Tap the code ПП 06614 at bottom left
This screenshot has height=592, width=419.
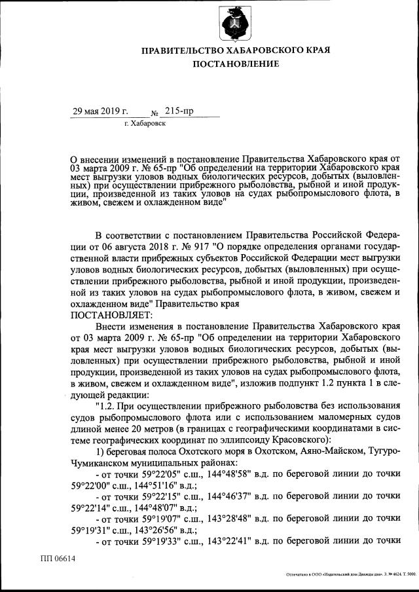coord(58,559)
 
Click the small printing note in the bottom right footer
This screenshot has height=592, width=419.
coord(351,574)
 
